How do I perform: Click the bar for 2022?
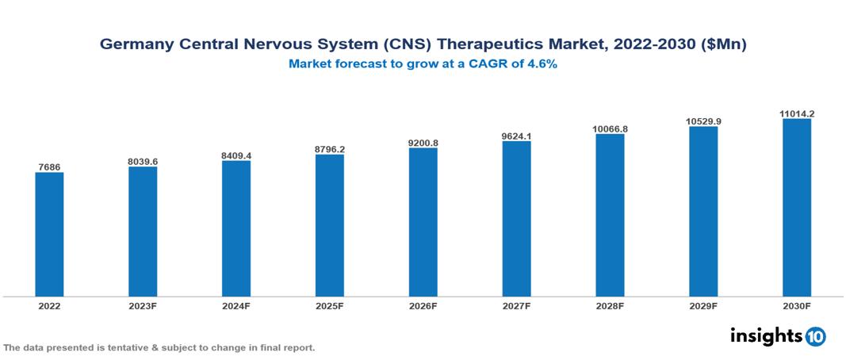click(49, 235)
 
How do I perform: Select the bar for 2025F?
click(329, 225)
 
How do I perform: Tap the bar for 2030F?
click(797, 208)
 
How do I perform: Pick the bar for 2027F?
click(516, 219)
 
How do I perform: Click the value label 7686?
click(49, 167)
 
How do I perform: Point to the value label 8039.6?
click(143, 161)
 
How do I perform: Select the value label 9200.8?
click(423, 142)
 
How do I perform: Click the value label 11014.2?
click(797, 113)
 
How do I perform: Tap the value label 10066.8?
click(610, 128)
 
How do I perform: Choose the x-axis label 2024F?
click(236, 305)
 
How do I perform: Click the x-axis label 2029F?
click(703, 305)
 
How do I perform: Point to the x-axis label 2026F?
click(423, 305)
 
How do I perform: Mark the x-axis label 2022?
click(49, 305)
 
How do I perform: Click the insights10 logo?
click(777, 336)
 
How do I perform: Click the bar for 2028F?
click(610, 215)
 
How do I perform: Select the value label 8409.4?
click(236, 155)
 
